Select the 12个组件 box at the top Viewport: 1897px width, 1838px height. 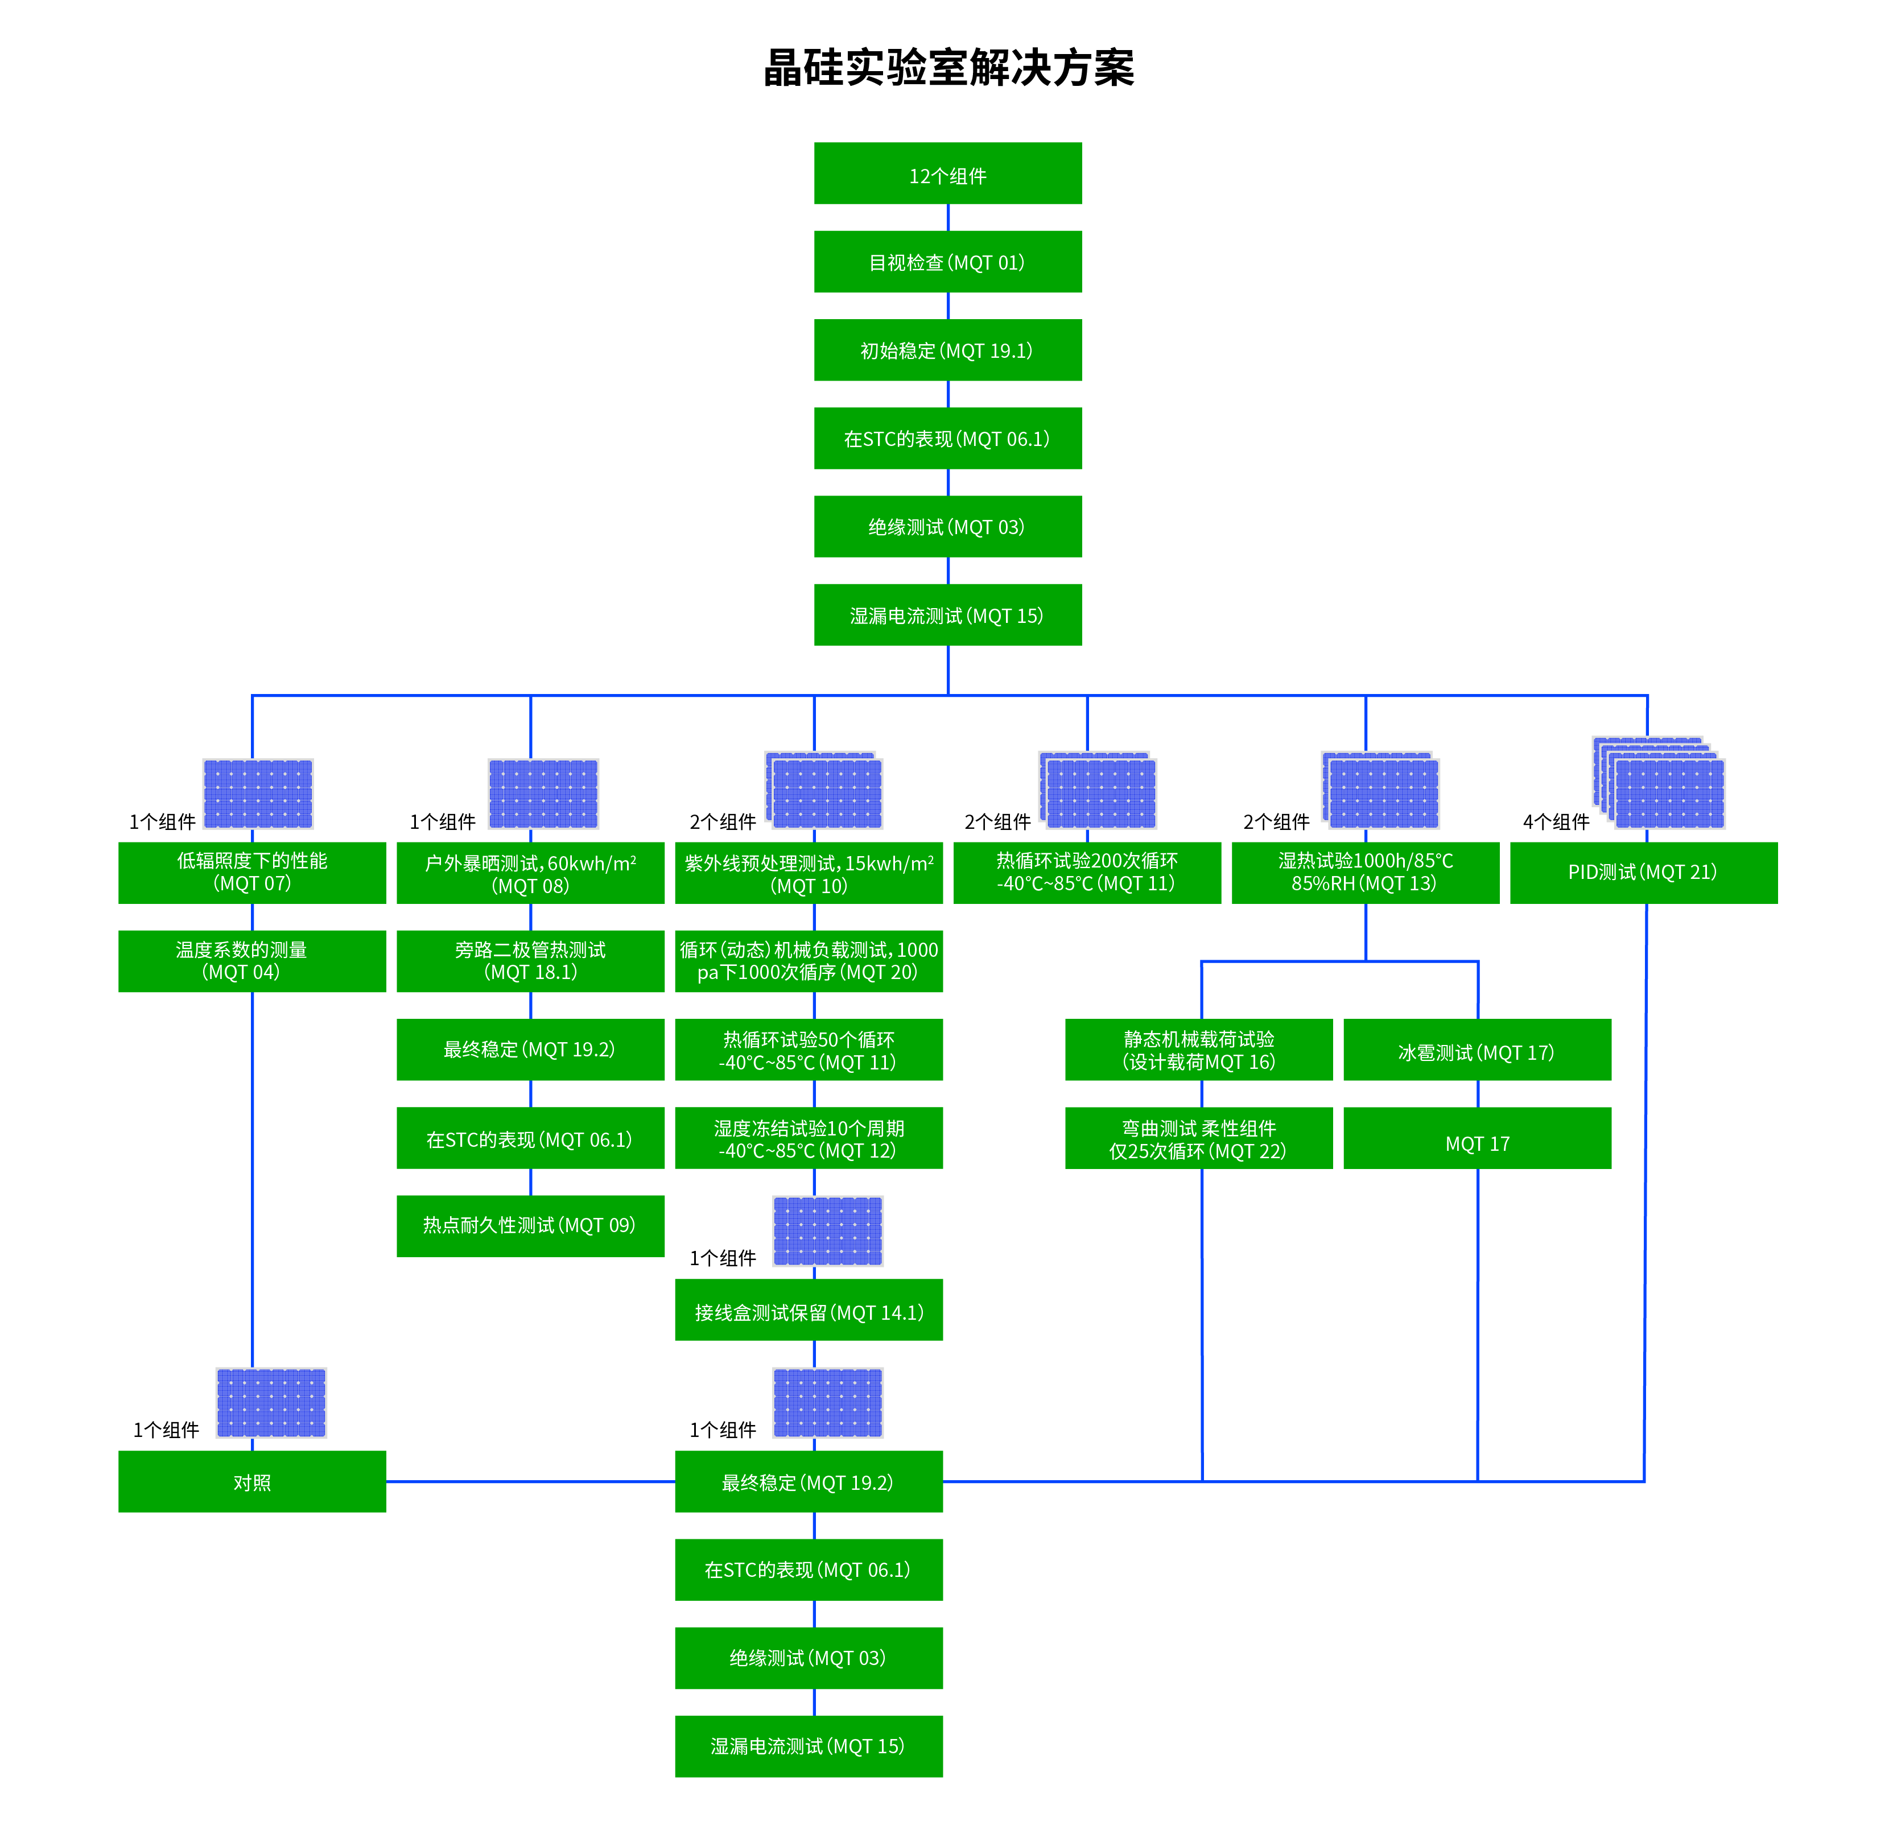click(947, 174)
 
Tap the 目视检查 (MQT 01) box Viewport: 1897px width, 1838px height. click(947, 262)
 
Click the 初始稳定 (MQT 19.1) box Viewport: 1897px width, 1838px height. click(947, 350)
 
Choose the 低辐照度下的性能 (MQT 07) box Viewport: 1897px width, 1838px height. click(251, 872)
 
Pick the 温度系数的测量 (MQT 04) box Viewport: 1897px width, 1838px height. click(251, 961)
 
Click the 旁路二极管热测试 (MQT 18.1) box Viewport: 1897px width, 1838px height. click(530, 961)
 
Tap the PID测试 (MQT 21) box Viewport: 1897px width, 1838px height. click(1643, 872)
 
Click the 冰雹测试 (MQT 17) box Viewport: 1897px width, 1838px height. click(1477, 1050)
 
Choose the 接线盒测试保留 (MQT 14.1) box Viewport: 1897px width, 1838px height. click(809, 1311)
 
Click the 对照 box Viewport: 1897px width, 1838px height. click(251, 1482)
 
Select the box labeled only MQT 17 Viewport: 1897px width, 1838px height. click(1477, 1139)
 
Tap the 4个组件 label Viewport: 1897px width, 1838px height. click(1556, 822)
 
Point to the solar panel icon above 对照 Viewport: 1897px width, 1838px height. click(271, 1402)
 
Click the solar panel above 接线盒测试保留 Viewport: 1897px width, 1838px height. click(827, 1231)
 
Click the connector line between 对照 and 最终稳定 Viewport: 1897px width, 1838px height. click(530, 1482)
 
